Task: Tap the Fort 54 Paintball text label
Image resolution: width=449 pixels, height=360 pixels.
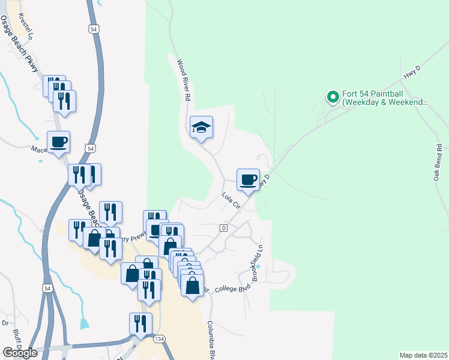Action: pyautogui.click(x=384, y=98)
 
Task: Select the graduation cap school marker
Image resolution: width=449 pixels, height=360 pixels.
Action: pyautogui.click(x=202, y=127)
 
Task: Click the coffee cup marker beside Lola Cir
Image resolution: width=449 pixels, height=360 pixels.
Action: pyautogui.click(x=249, y=179)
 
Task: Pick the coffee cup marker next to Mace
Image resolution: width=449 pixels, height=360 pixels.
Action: pyautogui.click(x=59, y=142)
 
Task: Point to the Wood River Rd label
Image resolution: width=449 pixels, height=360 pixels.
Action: pyautogui.click(x=184, y=79)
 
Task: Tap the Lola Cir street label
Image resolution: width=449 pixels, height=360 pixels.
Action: pyautogui.click(x=231, y=200)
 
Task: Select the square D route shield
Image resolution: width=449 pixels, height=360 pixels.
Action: pyautogui.click(x=223, y=228)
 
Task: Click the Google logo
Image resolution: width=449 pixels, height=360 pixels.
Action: pyautogui.click(x=20, y=353)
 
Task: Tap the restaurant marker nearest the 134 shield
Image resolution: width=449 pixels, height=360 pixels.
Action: pyautogui.click(x=140, y=324)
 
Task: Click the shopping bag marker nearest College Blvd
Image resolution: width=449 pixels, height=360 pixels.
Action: pyautogui.click(x=192, y=285)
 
